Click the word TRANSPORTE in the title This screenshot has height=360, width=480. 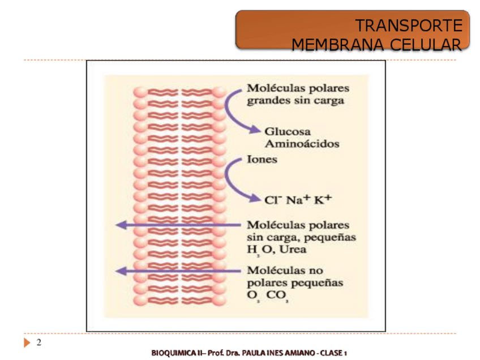click(408, 25)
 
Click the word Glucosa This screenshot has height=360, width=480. click(288, 131)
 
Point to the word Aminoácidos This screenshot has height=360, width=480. click(302, 144)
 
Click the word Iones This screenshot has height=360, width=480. click(262, 160)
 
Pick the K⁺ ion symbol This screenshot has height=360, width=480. click(323, 199)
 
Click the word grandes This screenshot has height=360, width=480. click(266, 101)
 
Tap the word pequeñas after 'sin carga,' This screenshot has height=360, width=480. click(331, 237)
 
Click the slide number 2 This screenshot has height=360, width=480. click(38, 343)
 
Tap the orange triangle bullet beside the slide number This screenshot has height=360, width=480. click(27, 343)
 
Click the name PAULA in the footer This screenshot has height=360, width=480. click(257, 353)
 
